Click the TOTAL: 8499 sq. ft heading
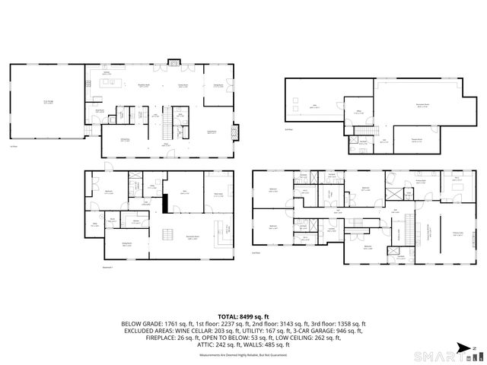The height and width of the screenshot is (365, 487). click(x=243, y=316)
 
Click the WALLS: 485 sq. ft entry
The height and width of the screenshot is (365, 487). click(x=263, y=344)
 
